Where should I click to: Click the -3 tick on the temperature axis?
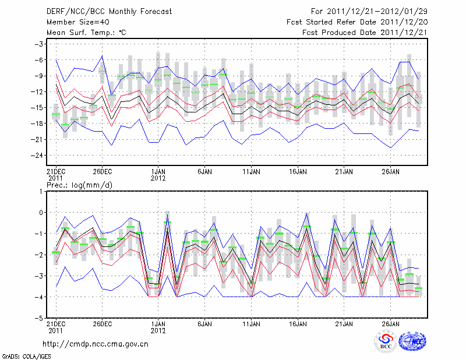coord(40,44)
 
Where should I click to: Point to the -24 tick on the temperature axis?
coord(37,155)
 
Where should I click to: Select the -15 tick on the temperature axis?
coord(37,108)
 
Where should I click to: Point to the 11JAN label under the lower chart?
coord(251,324)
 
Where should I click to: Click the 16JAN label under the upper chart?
coord(298,172)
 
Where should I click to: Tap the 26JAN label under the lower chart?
coord(391,324)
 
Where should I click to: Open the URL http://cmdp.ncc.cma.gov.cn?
coord(96,344)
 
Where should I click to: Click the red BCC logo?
coord(386,341)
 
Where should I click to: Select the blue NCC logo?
coord(412,341)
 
